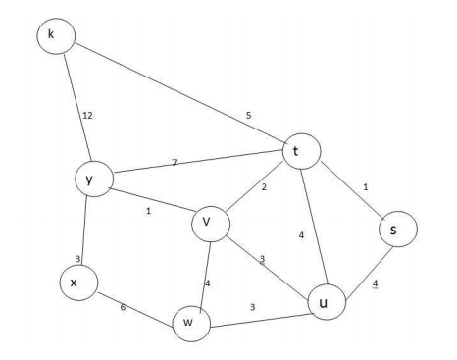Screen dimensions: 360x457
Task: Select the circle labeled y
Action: pos(91,180)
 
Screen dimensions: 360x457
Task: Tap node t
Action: pos(297,151)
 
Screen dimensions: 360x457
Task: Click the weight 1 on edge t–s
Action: pos(365,187)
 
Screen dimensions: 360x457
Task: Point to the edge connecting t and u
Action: pos(311,226)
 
